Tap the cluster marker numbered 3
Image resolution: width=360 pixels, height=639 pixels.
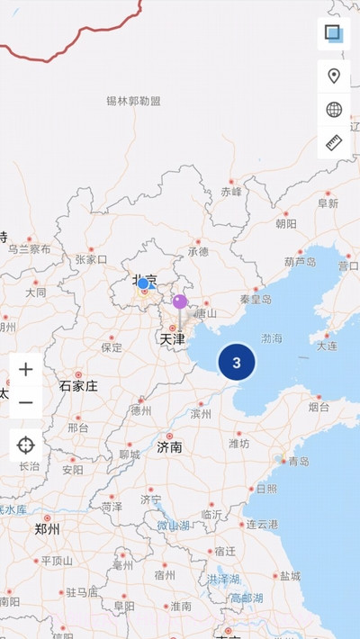237,363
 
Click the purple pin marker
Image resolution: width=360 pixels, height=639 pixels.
180,301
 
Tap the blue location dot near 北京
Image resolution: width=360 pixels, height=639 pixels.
143,283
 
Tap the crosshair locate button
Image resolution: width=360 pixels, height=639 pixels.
25,445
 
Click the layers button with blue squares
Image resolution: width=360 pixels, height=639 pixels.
334,34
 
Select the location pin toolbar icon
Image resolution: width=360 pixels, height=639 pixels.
334,76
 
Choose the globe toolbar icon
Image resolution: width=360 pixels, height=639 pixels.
334,110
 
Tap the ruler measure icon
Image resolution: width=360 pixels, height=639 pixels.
334,142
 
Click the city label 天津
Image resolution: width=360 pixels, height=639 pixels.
171,340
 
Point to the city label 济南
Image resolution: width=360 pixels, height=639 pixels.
169,446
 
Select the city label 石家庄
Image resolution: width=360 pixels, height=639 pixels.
78,386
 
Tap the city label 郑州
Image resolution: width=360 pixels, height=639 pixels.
47,529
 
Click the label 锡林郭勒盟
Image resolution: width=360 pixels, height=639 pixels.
133,101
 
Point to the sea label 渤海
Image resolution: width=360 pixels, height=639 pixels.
271,338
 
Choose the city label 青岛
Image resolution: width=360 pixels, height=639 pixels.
298,461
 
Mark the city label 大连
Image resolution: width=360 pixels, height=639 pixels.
328,346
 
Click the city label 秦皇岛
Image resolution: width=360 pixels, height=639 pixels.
256,299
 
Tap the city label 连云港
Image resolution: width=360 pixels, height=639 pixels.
263,524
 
